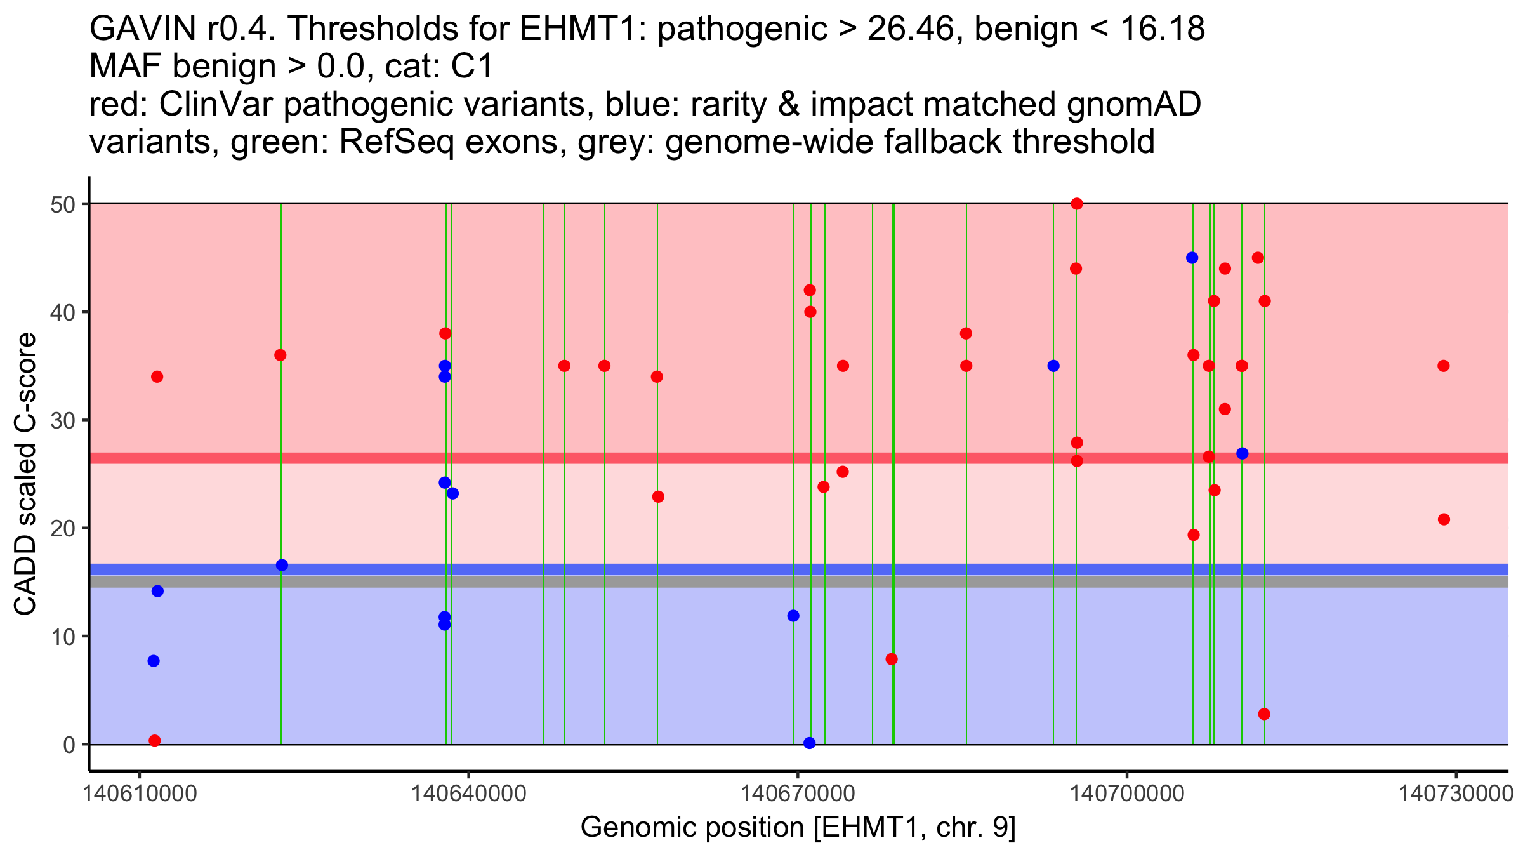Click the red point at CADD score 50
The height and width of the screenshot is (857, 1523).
point(1076,204)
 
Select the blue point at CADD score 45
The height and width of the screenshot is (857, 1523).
point(1192,258)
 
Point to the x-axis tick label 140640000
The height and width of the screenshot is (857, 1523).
point(468,794)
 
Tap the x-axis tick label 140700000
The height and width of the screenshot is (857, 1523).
point(1127,794)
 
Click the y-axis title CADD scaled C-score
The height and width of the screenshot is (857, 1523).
point(25,474)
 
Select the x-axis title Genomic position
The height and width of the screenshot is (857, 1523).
point(798,828)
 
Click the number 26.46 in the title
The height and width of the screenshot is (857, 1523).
point(910,29)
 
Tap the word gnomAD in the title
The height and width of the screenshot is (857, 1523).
point(1134,105)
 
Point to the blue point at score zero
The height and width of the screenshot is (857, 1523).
point(809,743)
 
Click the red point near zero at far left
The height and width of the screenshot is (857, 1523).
point(154,740)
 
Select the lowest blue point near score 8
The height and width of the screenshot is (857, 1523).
point(154,661)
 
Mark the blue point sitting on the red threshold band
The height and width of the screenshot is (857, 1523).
point(1242,453)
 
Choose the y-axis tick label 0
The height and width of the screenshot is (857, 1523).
point(69,745)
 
